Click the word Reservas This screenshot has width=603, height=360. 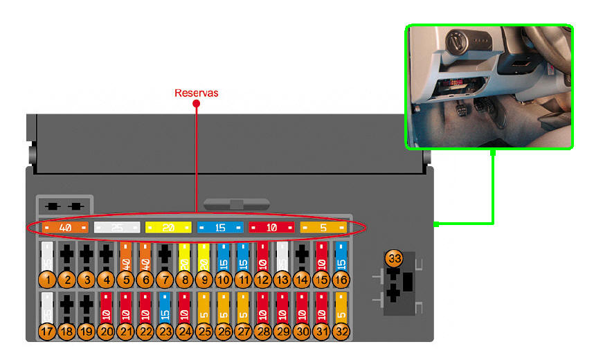(197, 93)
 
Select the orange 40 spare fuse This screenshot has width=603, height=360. (65, 227)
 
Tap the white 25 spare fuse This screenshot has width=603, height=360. (117, 227)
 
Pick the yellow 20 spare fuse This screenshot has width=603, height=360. (168, 227)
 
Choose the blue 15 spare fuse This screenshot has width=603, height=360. (220, 227)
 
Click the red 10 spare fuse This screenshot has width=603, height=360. (271, 227)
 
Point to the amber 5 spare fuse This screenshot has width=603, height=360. (323, 227)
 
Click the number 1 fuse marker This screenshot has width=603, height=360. (46, 279)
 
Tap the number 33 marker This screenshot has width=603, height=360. (394, 259)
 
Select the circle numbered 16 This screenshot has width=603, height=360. (341, 279)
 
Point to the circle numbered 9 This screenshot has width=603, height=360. (204, 279)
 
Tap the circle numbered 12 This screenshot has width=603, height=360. (262, 279)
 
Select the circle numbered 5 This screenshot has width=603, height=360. (125, 279)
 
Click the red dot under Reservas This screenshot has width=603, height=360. (196, 104)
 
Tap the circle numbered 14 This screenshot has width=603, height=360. (302, 279)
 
